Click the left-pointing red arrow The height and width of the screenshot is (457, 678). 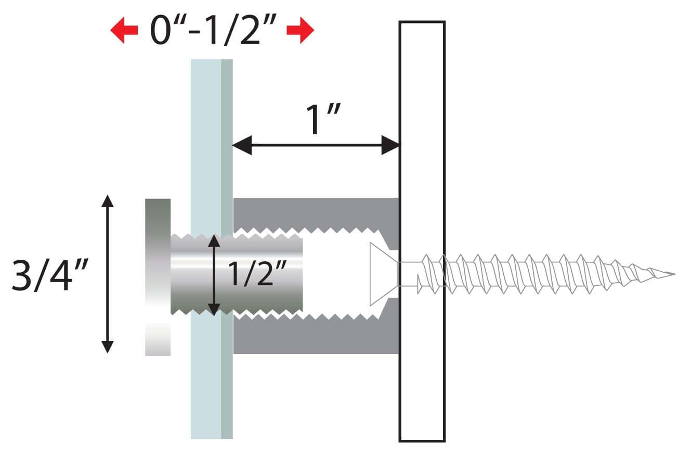(124, 31)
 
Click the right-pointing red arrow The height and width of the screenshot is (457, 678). (300, 31)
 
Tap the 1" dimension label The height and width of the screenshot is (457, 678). (323, 119)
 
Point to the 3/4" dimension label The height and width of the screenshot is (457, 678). (50, 275)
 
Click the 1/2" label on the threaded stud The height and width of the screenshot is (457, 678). (257, 273)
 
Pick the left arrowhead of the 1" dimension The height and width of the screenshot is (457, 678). (242, 145)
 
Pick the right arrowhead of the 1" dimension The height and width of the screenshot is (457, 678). (390, 145)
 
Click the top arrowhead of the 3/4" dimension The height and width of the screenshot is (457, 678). (108, 201)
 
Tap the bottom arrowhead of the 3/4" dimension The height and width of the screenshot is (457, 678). (108, 347)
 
